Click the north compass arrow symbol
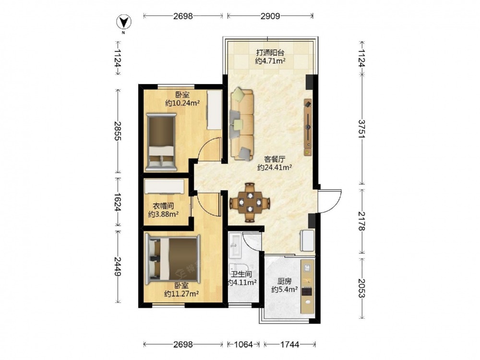pyautogui.click(x=124, y=22)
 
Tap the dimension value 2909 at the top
pyautogui.click(x=270, y=16)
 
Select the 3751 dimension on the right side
pyautogui.click(x=362, y=129)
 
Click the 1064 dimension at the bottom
pyautogui.click(x=243, y=345)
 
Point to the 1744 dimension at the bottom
pyautogui.click(x=289, y=345)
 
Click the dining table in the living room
pyautogui.click(x=250, y=202)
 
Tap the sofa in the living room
pyautogui.click(x=242, y=124)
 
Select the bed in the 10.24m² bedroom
pyautogui.click(x=161, y=142)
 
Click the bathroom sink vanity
pyautogui.click(x=236, y=245)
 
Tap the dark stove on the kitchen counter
pyautogui.click(x=307, y=291)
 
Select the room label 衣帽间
pyautogui.click(x=163, y=206)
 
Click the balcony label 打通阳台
pyautogui.click(x=270, y=53)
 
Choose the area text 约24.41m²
pyautogui.click(x=274, y=168)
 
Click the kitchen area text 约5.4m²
pyautogui.click(x=285, y=289)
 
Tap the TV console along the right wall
pyautogui.click(x=308, y=127)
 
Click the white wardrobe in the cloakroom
pyautogui.click(x=165, y=186)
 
